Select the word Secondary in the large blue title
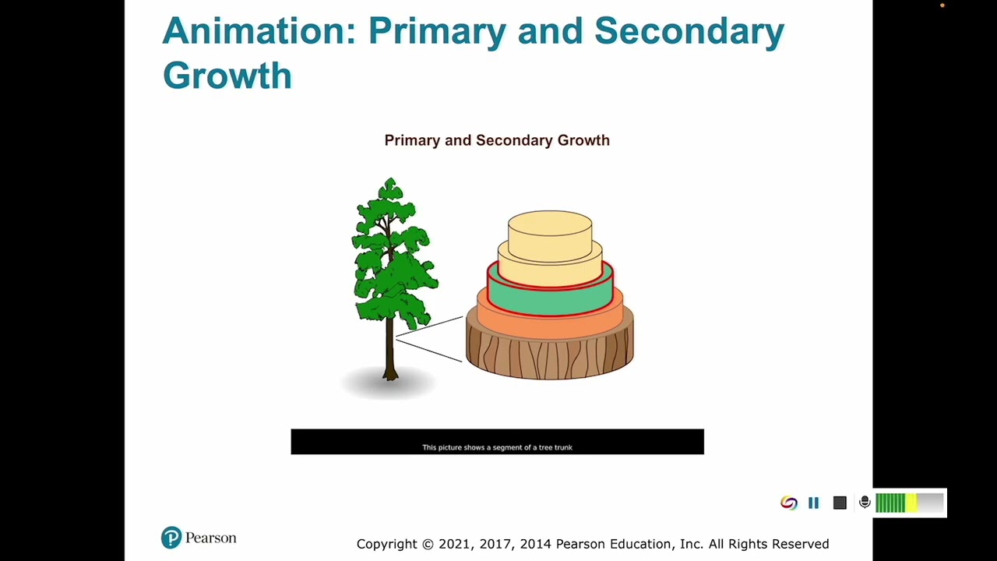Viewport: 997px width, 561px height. [x=689, y=31]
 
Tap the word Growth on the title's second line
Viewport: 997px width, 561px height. [x=227, y=76]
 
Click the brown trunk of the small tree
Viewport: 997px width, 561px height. [x=390, y=351]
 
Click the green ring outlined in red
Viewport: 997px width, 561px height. [x=550, y=298]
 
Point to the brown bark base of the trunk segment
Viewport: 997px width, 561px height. [x=550, y=358]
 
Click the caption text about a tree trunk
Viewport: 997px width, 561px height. [x=497, y=447]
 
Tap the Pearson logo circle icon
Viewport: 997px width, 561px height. [x=171, y=538]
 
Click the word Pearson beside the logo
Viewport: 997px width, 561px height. [x=210, y=538]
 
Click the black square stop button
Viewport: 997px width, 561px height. [x=840, y=503]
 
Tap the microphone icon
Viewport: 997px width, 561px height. [x=865, y=503]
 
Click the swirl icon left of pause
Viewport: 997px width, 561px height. [x=788, y=503]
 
